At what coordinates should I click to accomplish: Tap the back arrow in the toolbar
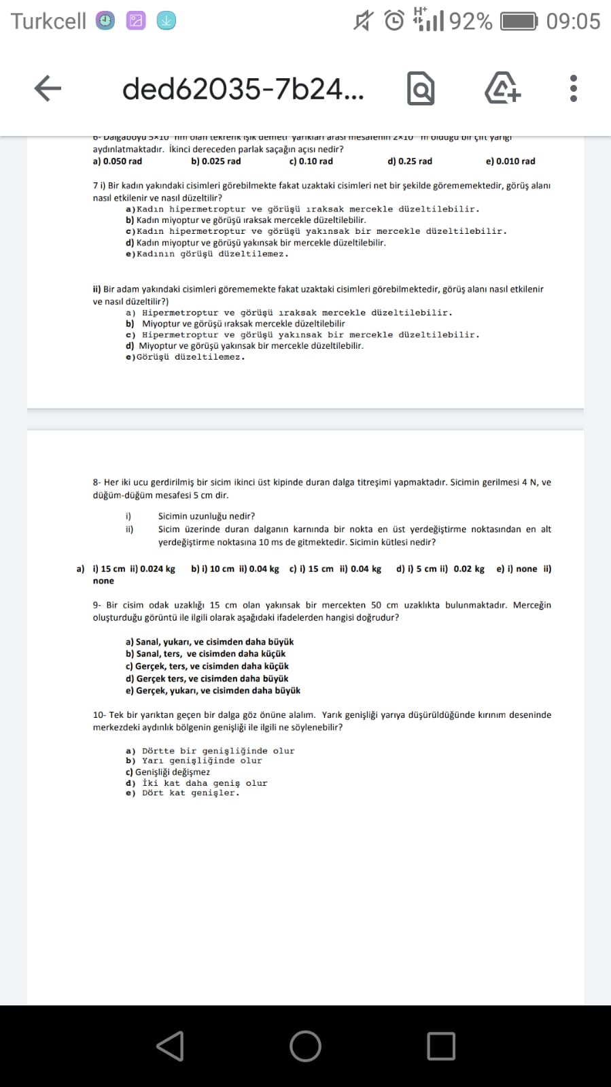[48, 88]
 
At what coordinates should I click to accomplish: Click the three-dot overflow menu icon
[574, 88]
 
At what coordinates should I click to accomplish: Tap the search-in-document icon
[421, 88]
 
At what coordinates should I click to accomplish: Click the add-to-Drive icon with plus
[502, 88]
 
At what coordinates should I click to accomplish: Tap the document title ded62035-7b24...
[243, 88]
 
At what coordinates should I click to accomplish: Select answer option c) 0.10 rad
[311, 161]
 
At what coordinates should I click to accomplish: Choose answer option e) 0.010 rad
[510, 161]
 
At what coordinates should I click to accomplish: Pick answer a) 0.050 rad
[118, 161]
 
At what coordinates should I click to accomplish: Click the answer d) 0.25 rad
[410, 161]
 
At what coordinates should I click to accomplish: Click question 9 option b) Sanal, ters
[205, 654]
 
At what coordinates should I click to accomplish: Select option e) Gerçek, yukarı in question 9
[213, 691]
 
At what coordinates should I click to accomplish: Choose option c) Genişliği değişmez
[168, 772]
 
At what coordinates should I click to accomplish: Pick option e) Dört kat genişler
[183, 793]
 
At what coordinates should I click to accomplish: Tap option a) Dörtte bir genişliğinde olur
[210, 751]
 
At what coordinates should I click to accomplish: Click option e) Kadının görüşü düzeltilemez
[207, 254]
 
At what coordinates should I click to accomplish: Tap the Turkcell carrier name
[48, 21]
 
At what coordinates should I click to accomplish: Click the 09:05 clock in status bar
[573, 21]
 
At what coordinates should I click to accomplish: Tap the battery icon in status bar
[519, 21]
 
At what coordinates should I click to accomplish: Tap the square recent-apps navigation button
[441, 1046]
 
